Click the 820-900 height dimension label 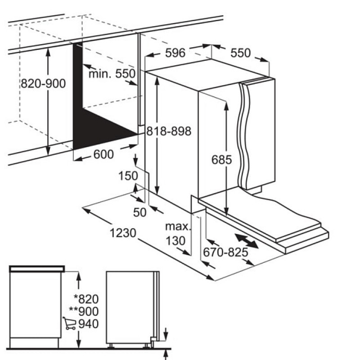tap(43, 83)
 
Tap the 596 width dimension tap(175, 53)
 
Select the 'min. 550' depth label tap(112, 74)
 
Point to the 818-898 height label tap(169, 131)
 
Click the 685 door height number tap(221, 160)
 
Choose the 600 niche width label tap(103, 154)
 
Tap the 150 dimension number tap(128, 176)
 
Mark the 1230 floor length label tap(123, 233)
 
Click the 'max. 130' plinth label tap(178, 234)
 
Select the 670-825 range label tap(226, 252)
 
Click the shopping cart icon tap(69, 323)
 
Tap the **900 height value tap(84, 311)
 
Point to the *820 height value tap(86, 299)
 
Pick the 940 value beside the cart tap(89, 324)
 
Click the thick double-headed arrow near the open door tap(247, 241)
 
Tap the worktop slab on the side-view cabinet tap(37, 269)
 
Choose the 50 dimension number tap(139, 212)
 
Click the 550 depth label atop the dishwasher tap(240, 53)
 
